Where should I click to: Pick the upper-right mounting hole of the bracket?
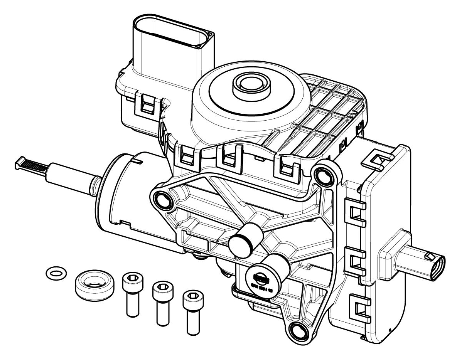pyautogui.click(x=323, y=174)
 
